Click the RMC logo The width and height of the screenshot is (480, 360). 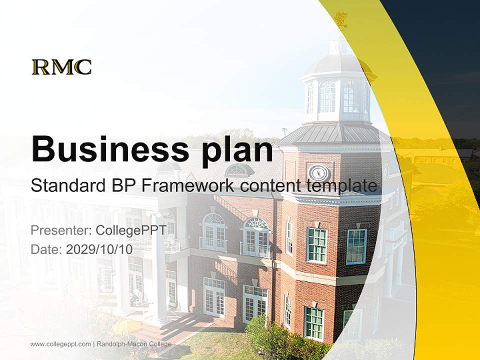(61, 67)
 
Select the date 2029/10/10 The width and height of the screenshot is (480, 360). (99, 249)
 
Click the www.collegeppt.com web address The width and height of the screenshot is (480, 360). (60, 344)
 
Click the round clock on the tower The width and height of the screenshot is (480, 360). (318, 173)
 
